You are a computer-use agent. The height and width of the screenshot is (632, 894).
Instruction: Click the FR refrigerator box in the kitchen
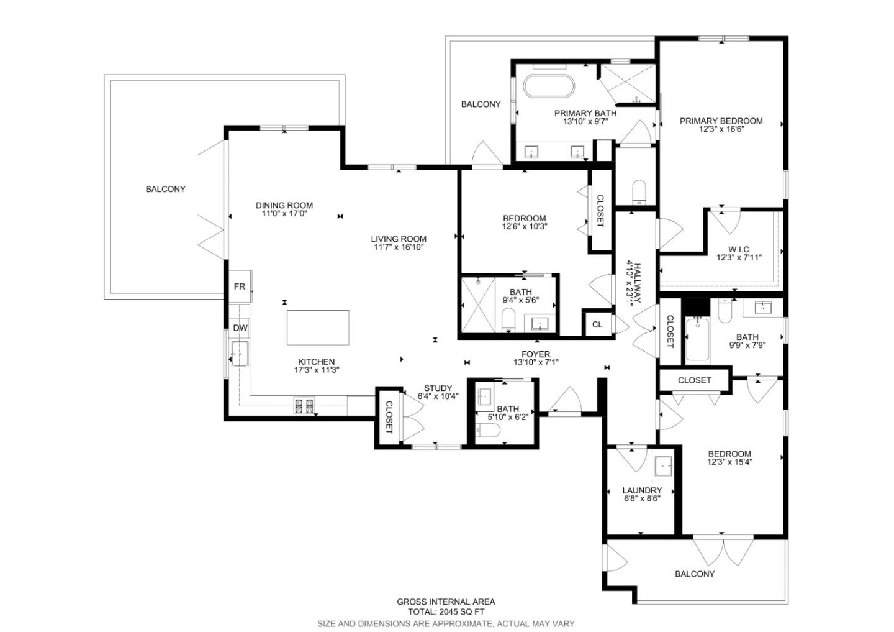(240, 286)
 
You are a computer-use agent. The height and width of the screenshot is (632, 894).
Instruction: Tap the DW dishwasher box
(240, 327)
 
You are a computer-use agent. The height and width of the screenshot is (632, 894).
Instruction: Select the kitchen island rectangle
(317, 327)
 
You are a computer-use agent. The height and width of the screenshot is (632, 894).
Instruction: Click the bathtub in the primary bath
(548, 86)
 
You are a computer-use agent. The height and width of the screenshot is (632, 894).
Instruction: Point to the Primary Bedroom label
(721, 121)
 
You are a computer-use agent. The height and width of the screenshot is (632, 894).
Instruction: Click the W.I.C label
(739, 249)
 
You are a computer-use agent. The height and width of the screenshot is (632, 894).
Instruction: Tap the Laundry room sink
(664, 465)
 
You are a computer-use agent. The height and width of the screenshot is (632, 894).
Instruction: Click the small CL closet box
(597, 324)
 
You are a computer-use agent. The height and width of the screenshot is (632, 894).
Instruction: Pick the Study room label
(438, 388)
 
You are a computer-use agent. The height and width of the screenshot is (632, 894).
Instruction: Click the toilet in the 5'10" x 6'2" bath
(489, 431)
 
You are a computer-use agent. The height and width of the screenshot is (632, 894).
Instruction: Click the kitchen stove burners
(304, 406)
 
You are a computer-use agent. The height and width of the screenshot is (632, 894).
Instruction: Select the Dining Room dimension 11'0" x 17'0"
(284, 213)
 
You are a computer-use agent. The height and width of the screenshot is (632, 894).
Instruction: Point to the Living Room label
(399, 239)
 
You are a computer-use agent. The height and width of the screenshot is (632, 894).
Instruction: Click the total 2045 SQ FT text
(446, 611)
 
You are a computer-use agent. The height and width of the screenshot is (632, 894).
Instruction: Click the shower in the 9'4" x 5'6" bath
(478, 305)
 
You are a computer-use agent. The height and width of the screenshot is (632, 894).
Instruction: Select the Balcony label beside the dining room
(165, 189)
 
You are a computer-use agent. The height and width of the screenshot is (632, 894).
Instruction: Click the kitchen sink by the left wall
(240, 354)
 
